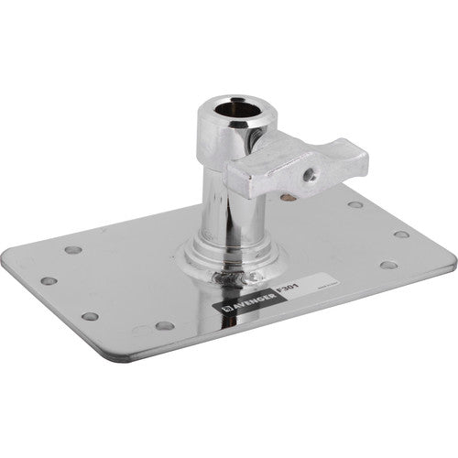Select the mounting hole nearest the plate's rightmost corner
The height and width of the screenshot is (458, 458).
coord(402,234)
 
